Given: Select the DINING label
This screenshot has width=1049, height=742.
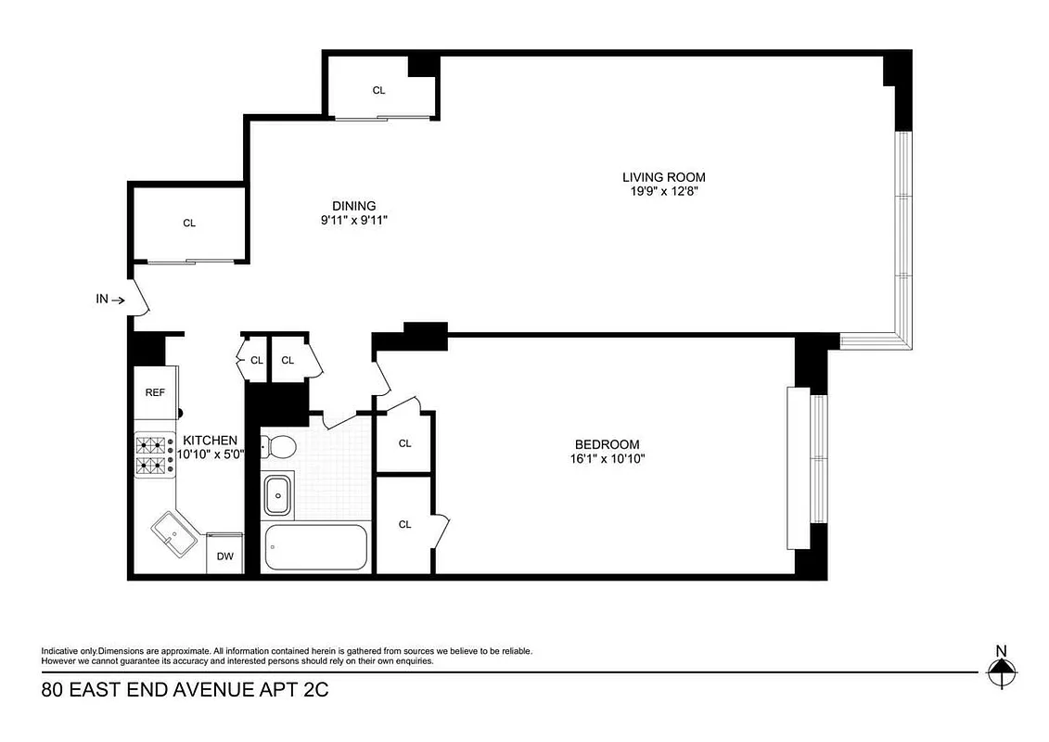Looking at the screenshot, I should pyautogui.click(x=354, y=206).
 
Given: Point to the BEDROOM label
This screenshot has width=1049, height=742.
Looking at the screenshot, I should pyautogui.click(x=607, y=444).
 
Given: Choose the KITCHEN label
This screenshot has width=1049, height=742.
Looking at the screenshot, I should pyautogui.click(x=210, y=440).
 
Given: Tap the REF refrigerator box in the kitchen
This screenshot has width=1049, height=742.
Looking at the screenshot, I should pyautogui.click(x=155, y=392).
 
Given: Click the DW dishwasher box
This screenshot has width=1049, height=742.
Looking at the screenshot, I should pyautogui.click(x=224, y=556).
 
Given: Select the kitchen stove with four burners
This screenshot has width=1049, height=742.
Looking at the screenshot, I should pyautogui.click(x=156, y=454).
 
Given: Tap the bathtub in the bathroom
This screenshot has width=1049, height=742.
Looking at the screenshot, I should pyautogui.click(x=316, y=548).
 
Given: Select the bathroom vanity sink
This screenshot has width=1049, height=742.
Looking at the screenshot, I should pyautogui.click(x=277, y=494).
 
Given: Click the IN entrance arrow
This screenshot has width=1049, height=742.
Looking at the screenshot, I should pyautogui.click(x=109, y=300).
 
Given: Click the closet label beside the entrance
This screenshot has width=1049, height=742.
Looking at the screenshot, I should pyautogui.click(x=189, y=223).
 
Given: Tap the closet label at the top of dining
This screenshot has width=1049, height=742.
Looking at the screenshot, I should pyautogui.click(x=378, y=90).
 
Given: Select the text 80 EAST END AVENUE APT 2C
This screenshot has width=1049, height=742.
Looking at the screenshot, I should pyautogui.click(x=185, y=690).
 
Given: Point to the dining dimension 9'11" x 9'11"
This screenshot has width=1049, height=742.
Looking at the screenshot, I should pyautogui.click(x=354, y=221).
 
